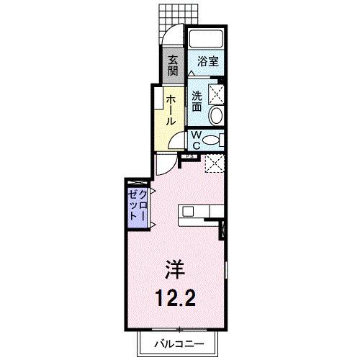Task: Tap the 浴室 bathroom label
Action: pos(205,62)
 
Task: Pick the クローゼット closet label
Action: pos(138,207)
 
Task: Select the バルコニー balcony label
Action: pos(180,344)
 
